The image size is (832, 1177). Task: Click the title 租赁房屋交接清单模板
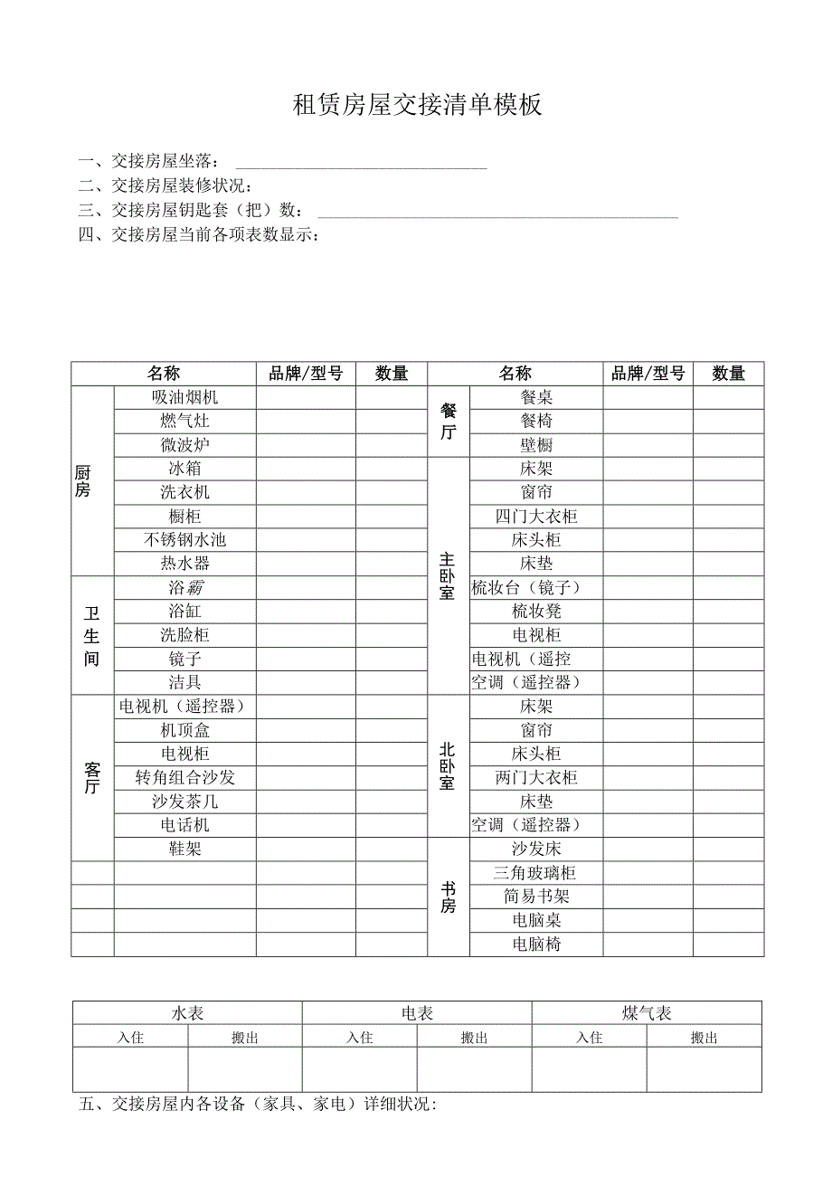pyautogui.click(x=417, y=105)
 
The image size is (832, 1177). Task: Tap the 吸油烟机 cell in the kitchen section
pyautogui.click(x=184, y=397)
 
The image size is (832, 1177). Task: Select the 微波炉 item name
pyautogui.click(x=184, y=445)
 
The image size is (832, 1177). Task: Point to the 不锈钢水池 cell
pyautogui.click(x=184, y=540)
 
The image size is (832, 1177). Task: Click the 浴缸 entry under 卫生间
pyautogui.click(x=184, y=612)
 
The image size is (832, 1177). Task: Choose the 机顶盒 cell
pyautogui.click(x=184, y=730)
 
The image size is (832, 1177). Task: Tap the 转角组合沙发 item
pyautogui.click(x=184, y=778)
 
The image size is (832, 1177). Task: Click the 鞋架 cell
pyautogui.click(x=184, y=849)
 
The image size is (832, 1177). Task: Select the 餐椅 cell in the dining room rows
pyautogui.click(x=536, y=421)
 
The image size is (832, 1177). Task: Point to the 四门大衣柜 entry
pyautogui.click(x=536, y=517)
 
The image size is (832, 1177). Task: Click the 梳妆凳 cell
pyautogui.click(x=536, y=612)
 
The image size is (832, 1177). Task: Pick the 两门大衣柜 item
pyautogui.click(x=536, y=778)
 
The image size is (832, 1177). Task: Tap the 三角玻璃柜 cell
pyautogui.click(x=536, y=873)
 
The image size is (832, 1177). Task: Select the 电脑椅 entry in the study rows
pyautogui.click(x=536, y=944)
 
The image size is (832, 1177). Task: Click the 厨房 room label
pyautogui.click(x=83, y=480)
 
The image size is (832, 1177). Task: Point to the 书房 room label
pyautogui.click(x=448, y=897)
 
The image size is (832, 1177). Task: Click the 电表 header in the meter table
pyautogui.click(x=417, y=1013)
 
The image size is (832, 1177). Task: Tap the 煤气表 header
pyautogui.click(x=647, y=1013)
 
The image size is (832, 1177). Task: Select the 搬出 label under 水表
pyautogui.click(x=245, y=1038)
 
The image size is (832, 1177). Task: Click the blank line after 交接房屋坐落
pyautogui.click(x=361, y=164)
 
